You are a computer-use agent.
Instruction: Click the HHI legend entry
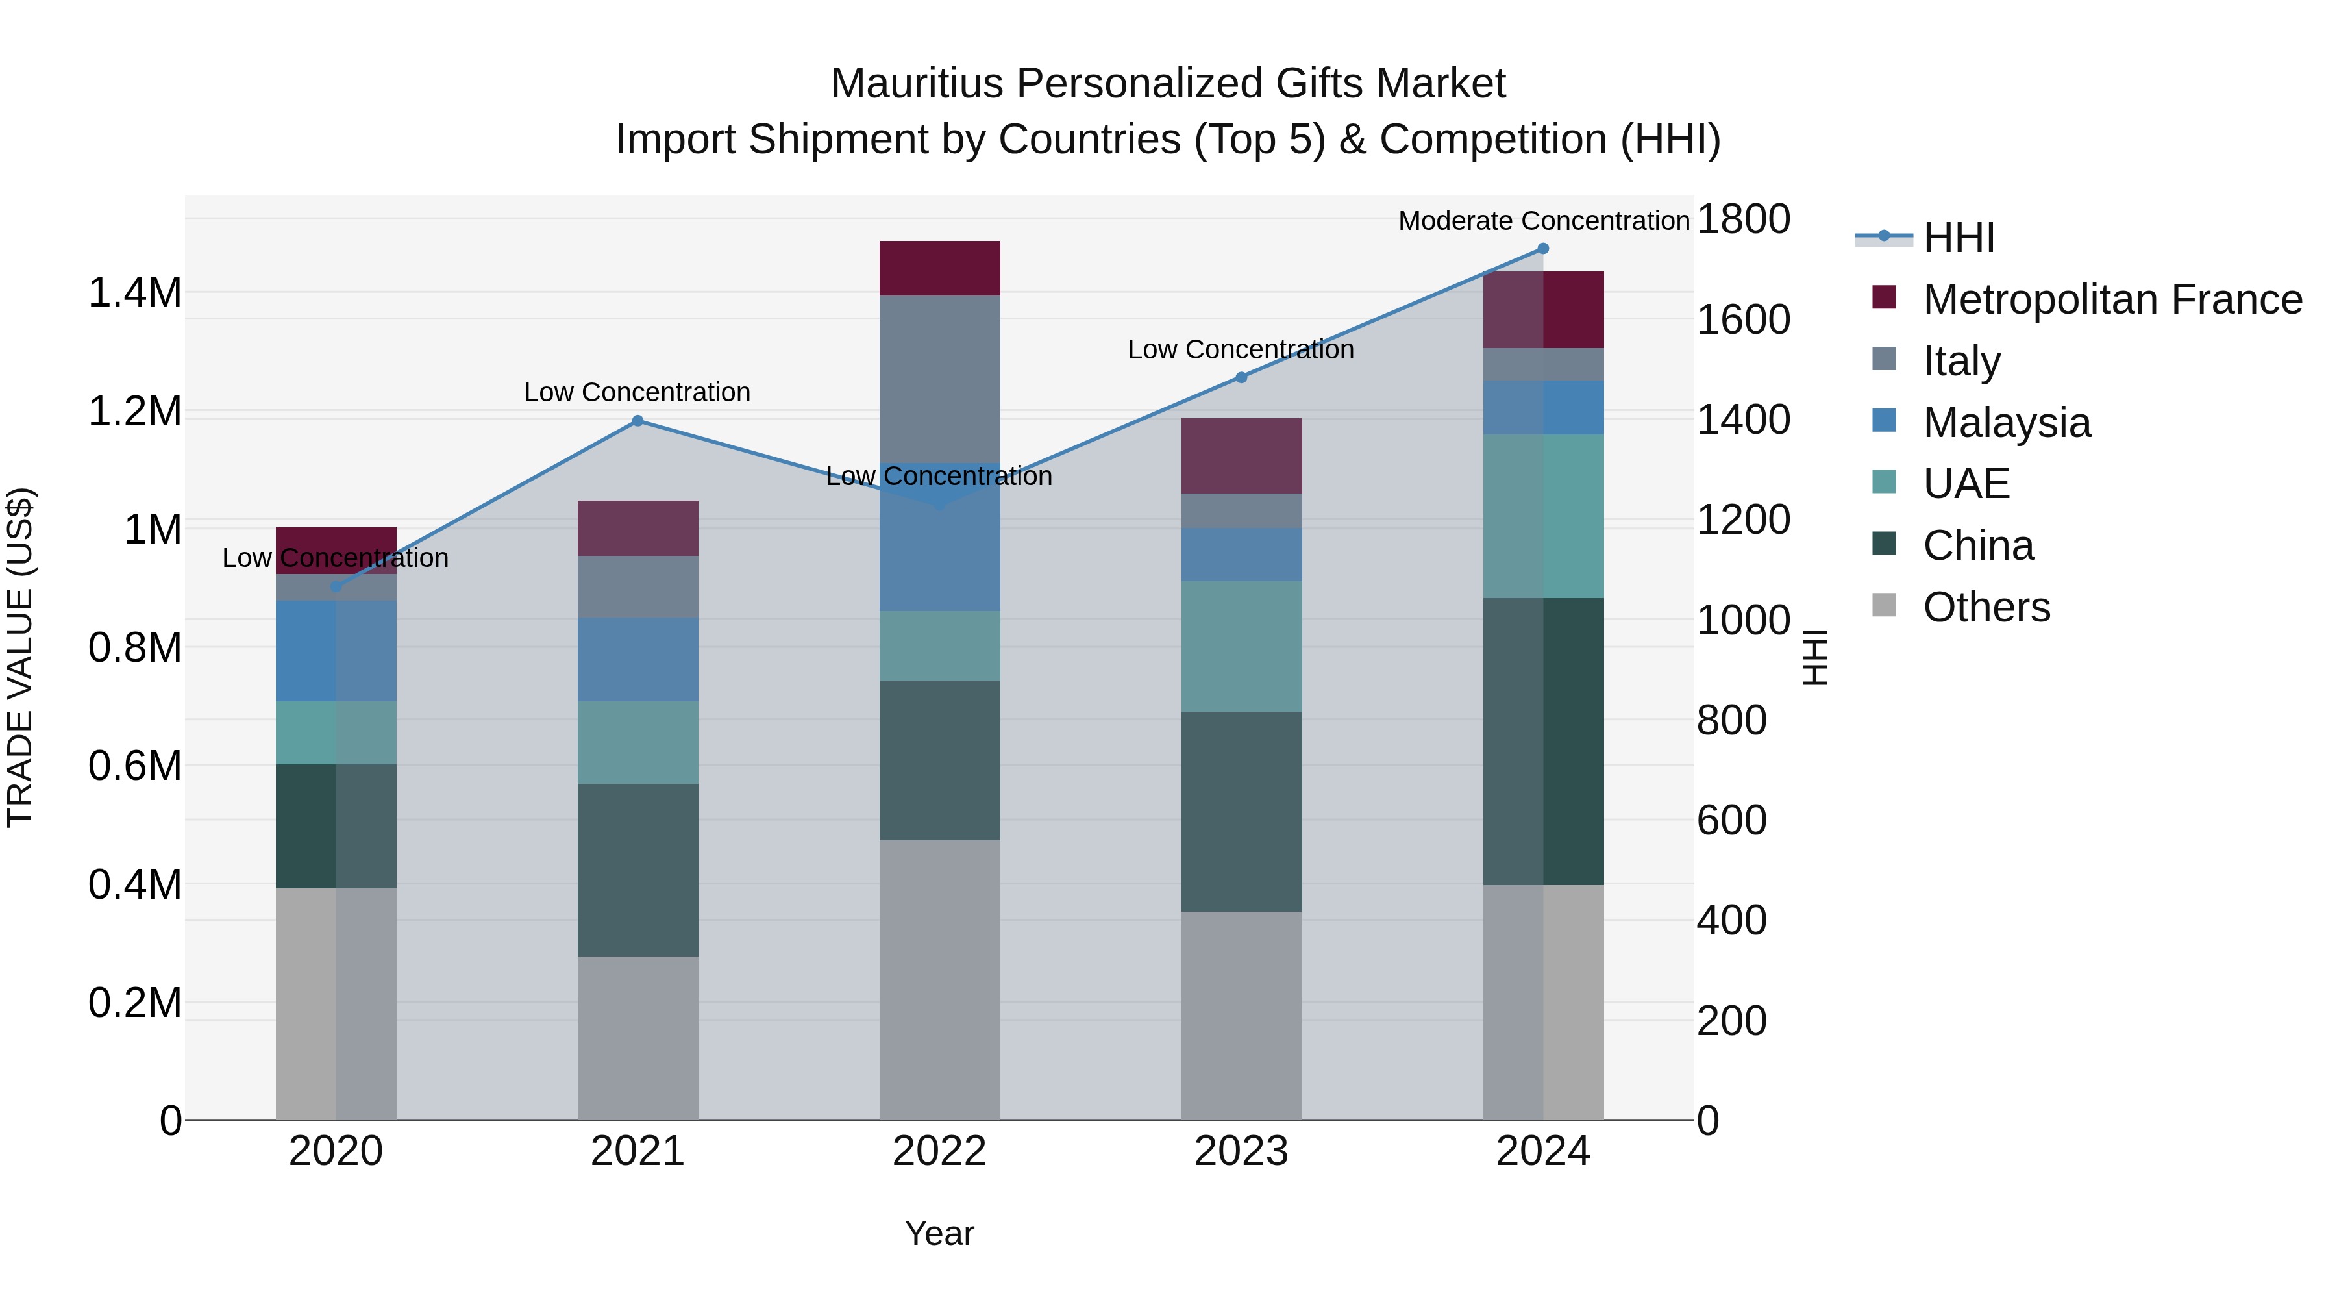(1958, 238)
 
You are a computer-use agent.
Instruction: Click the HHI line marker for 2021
(637, 421)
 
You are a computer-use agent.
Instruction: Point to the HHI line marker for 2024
(1543, 249)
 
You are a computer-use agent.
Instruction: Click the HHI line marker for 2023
(1241, 377)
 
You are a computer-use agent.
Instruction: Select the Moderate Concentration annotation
(1543, 221)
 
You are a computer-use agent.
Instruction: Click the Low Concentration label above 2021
(637, 392)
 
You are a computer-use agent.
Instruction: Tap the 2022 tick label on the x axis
(939, 1151)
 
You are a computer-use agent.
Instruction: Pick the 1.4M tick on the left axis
(134, 293)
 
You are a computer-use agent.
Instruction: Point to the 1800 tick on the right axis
(1743, 219)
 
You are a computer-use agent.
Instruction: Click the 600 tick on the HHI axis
(1731, 820)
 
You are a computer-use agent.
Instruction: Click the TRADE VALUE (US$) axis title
(20, 657)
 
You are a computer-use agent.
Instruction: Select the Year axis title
(939, 1233)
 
